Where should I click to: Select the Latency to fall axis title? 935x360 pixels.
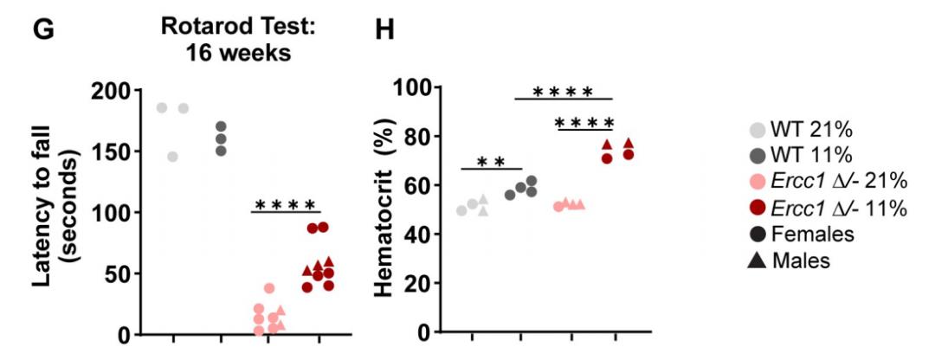click(65, 212)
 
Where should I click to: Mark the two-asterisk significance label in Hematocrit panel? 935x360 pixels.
click(490, 162)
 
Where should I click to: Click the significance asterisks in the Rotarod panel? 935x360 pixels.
click(286, 205)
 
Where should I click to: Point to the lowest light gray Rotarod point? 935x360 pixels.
click(172, 157)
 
